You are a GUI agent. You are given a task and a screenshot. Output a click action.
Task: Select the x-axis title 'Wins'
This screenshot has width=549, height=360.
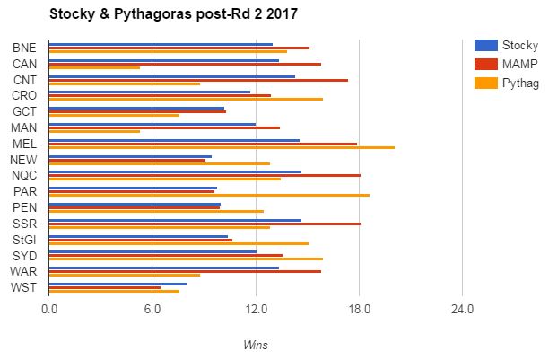pos(256,345)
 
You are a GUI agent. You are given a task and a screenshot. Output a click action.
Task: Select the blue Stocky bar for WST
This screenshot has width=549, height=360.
pos(118,284)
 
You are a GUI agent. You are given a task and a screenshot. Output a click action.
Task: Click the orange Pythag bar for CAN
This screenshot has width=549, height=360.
pos(94,67)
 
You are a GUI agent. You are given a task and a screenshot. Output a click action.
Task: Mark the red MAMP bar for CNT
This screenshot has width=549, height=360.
pos(198,80)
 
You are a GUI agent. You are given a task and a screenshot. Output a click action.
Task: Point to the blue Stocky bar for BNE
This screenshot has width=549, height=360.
pos(161,43)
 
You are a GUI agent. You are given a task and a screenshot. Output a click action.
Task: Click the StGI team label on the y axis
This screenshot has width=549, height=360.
pos(25,240)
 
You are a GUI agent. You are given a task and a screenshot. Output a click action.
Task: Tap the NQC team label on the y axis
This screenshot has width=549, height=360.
pos(25,175)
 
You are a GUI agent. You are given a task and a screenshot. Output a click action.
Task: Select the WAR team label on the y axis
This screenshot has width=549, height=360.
pos(24,271)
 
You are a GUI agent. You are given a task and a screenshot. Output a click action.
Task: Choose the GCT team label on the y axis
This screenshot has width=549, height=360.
pos(25,111)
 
